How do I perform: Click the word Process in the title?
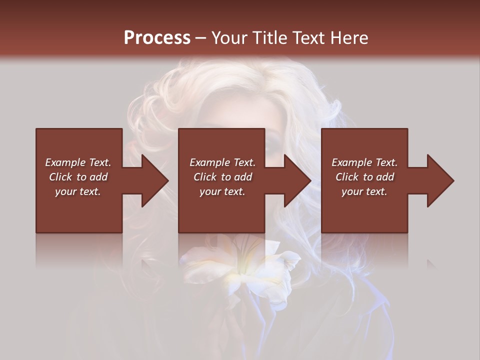pyautogui.click(x=157, y=38)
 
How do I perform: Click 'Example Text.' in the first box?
pyautogui.click(x=78, y=162)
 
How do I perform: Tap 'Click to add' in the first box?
pyautogui.click(x=78, y=177)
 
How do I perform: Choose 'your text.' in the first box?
pyautogui.click(x=78, y=191)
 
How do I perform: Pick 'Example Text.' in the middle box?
pyautogui.click(x=222, y=162)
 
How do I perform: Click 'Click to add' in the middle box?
pyautogui.click(x=222, y=177)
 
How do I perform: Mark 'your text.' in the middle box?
pyautogui.click(x=222, y=191)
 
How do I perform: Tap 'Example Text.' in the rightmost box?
pyautogui.click(x=364, y=162)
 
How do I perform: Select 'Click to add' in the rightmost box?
pyautogui.click(x=364, y=177)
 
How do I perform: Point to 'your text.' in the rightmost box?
pyautogui.click(x=364, y=191)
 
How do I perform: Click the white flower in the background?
pyautogui.click(x=240, y=265)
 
